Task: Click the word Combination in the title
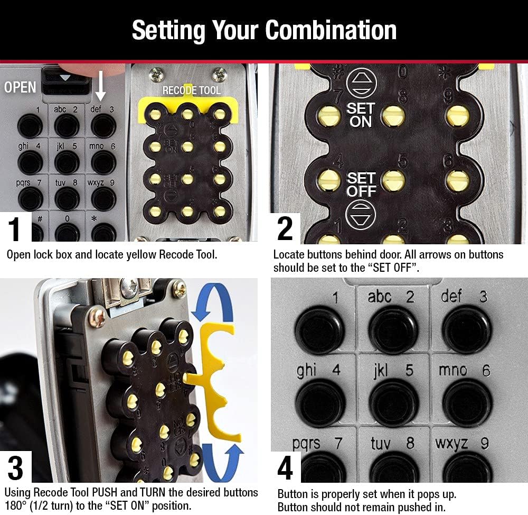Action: (x=331, y=30)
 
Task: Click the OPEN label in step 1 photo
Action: (x=20, y=87)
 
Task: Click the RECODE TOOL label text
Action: (x=191, y=90)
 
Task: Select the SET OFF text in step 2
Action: (x=361, y=185)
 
